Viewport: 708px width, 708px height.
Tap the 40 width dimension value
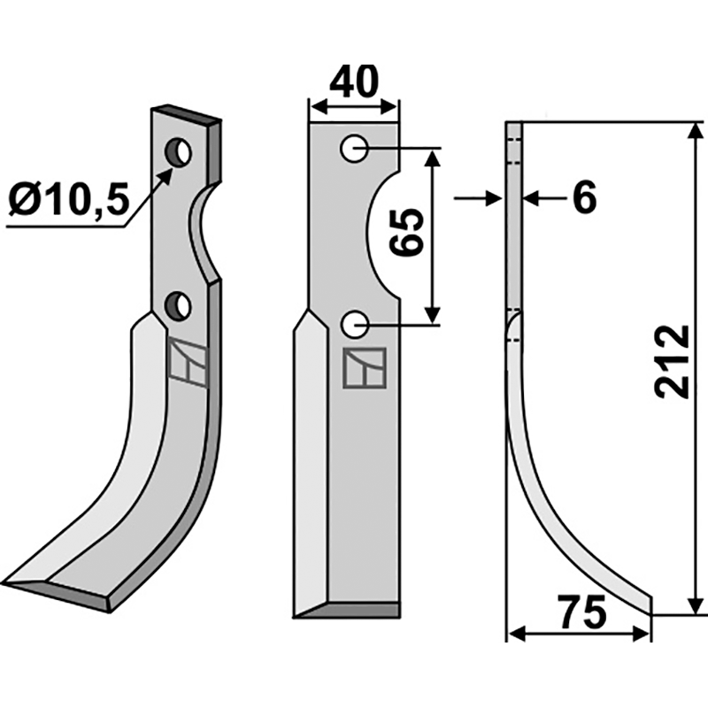[353, 82]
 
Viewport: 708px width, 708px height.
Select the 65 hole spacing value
[407, 232]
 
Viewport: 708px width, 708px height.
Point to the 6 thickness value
[584, 197]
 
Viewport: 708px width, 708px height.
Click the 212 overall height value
[673, 361]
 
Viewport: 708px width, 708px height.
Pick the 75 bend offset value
[581, 612]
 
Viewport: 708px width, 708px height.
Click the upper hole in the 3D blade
[179, 151]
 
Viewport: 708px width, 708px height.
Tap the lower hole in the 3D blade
[178, 305]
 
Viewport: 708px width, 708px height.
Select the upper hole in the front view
[353, 148]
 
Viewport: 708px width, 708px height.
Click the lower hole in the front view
[355, 324]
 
